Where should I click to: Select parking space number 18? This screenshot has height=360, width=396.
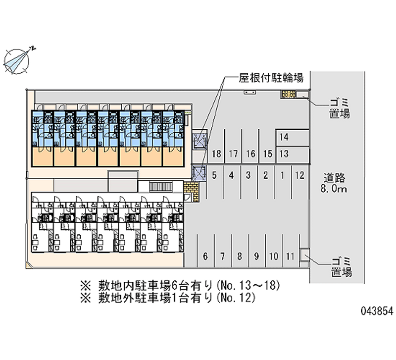click(216, 154)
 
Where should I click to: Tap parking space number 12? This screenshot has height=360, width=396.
click(299, 174)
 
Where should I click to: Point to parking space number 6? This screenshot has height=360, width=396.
click(205, 257)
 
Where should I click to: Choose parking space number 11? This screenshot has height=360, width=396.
click(291, 257)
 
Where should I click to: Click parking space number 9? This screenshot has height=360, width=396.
click(256, 257)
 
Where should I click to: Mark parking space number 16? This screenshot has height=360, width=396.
click(250, 154)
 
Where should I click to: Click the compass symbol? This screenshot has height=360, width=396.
click(18, 60)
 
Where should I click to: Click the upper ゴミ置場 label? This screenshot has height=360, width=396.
click(340, 108)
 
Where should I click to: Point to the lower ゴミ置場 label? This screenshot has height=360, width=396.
click(341, 266)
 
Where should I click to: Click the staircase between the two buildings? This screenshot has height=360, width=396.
click(159, 187)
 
